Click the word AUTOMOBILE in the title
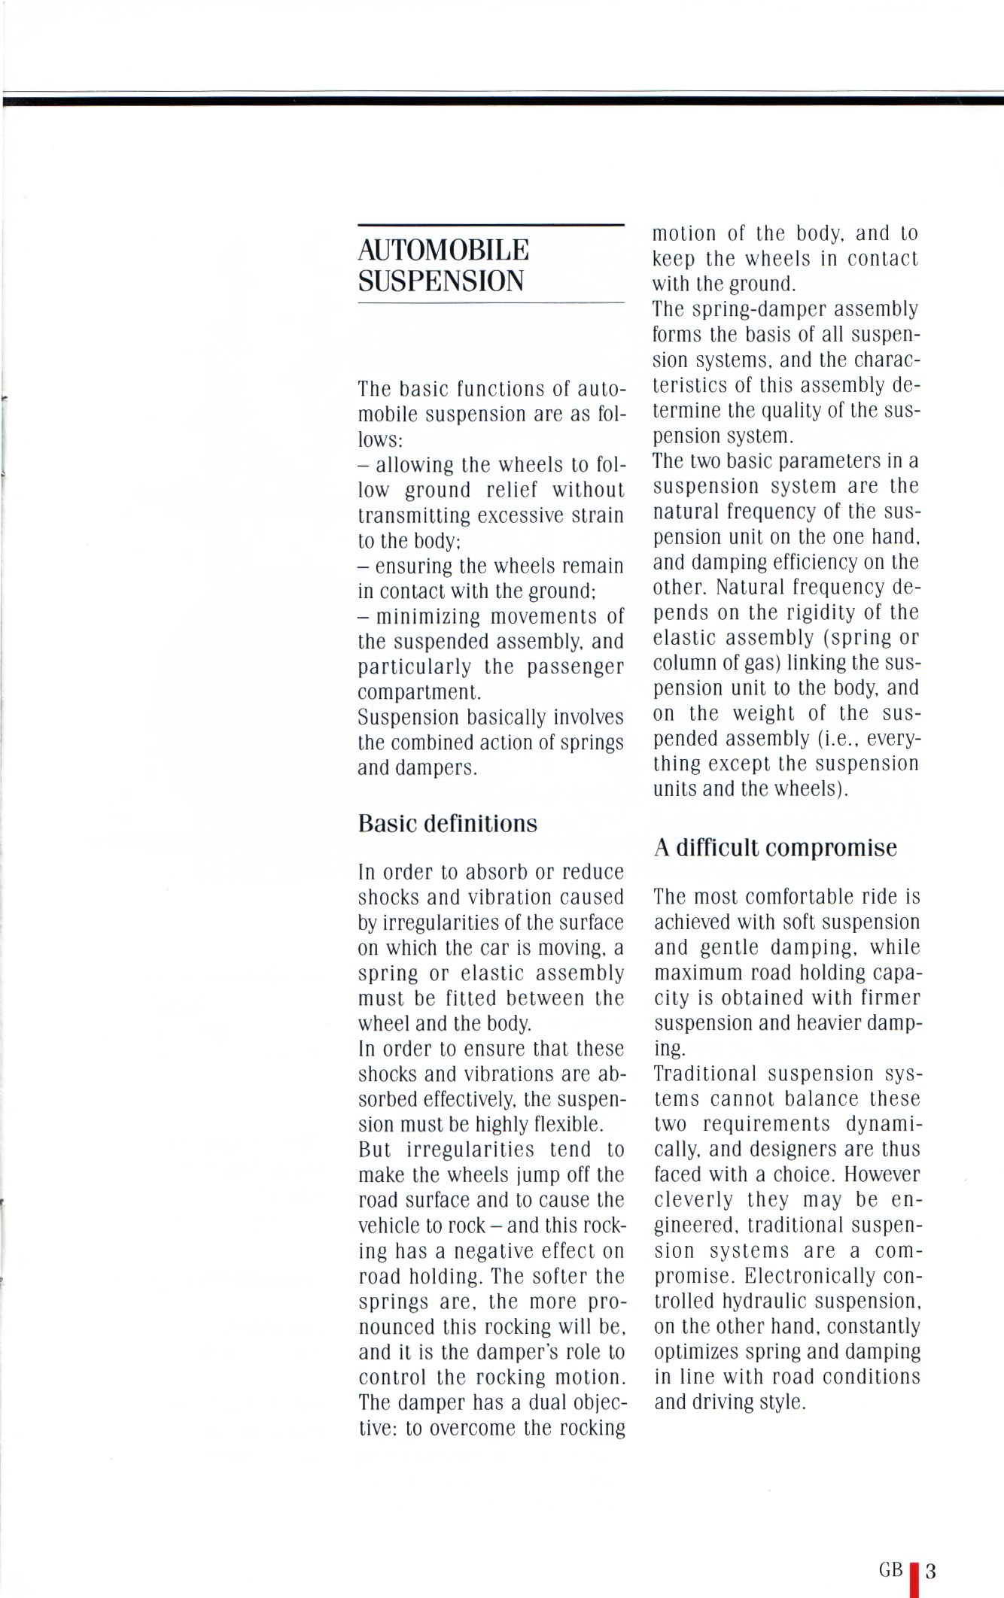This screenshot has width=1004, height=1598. click(x=443, y=250)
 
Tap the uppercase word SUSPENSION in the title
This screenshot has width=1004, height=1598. click(x=440, y=281)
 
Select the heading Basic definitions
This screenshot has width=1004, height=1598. click(x=448, y=824)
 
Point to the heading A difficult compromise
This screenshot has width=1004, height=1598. click(x=775, y=848)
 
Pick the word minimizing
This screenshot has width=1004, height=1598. click(x=428, y=617)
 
